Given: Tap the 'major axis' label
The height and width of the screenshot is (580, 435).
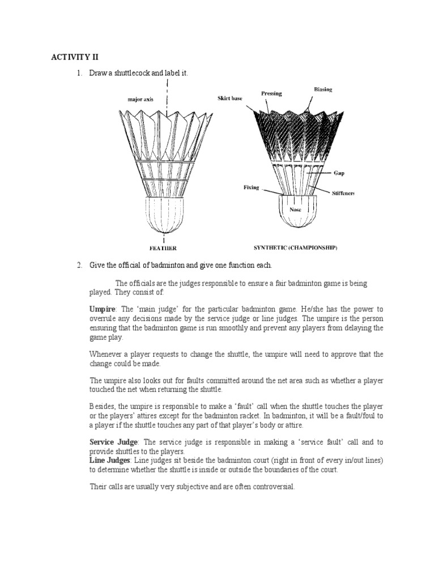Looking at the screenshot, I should pyautogui.click(x=140, y=99).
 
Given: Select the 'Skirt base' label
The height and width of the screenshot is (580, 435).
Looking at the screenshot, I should pyautogui.click(x=229, y=99).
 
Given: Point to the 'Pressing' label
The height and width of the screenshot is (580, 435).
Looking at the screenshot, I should pyautogui.click(x=271, y=93).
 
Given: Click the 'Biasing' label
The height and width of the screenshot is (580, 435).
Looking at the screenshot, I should pyautogui.click(x=323, y=89).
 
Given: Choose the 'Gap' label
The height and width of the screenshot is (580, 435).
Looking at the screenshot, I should pyautogui.click(x=339, y=174).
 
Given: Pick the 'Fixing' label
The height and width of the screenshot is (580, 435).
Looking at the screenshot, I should pyautogui.click(x=251, y=188).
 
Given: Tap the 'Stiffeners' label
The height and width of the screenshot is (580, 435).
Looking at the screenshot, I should pyautogui.click(x=343, y=194).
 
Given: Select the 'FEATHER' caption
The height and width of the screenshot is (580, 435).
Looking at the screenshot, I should pyautogui.click(x=163, y=248).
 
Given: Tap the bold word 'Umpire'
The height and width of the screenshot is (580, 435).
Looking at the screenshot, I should pyautogui.click(x=102, y=309).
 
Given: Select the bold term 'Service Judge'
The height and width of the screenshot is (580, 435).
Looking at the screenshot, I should pyautogui.click(x=113, y=442).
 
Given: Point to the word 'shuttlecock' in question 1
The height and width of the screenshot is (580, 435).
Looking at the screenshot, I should pyautogui.click(x=135, y=74).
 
